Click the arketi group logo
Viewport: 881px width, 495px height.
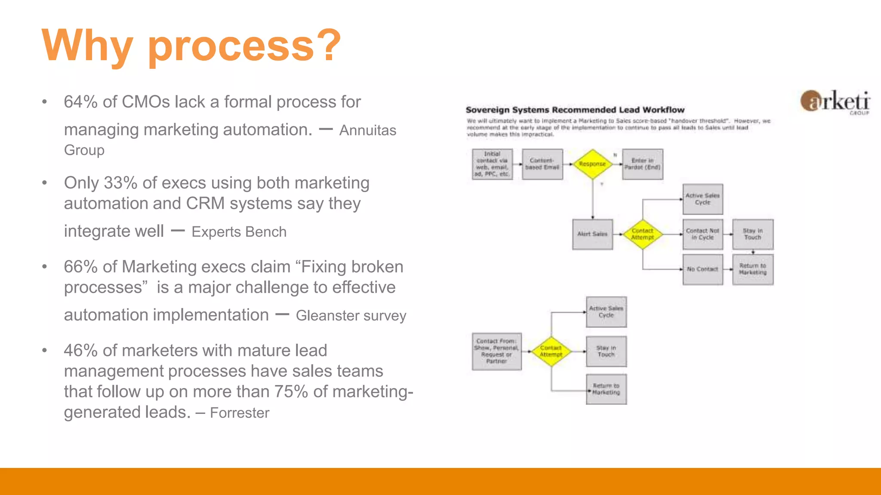(x=835, y=102)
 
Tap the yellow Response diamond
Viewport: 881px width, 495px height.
(x=592, y=164)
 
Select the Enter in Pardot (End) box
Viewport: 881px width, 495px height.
(x=642, y=164)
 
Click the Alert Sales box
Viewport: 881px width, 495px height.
(x=592, y=234)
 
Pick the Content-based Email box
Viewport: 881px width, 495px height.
(x=542, y=164)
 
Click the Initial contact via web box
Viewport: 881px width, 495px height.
(x=492, y=164)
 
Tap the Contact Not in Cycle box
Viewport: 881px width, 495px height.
(x=702, y=234)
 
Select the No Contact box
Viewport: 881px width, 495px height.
(x=702, y=269)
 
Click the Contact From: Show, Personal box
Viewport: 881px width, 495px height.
(x=496, y=351)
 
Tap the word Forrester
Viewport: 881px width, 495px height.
(x=240, y=413)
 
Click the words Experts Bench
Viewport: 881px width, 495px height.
(x=239, y=232)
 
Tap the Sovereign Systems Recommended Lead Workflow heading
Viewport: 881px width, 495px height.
(x=575, y=110)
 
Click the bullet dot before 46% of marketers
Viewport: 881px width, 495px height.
(x=44, y=351)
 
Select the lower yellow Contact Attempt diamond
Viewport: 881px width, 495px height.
(x=551, y=351)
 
